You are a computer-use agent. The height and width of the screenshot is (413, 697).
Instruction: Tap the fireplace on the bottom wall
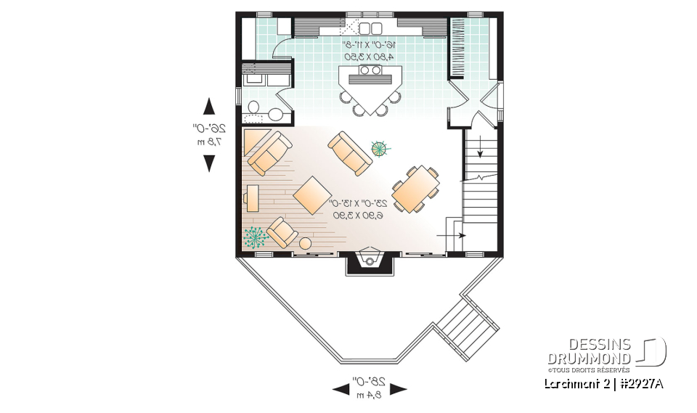[370, 261]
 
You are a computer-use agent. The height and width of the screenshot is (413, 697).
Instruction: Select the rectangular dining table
[416, 189]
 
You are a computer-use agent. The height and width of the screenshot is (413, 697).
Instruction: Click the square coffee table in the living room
[312, 195]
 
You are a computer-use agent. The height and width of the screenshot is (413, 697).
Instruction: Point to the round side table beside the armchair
[306, 243]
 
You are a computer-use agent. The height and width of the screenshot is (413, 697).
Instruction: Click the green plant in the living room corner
[254, 237]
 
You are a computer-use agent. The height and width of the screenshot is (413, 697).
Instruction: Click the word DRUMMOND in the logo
[589, 358]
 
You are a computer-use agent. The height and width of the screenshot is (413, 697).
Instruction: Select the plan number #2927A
[640, 383]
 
